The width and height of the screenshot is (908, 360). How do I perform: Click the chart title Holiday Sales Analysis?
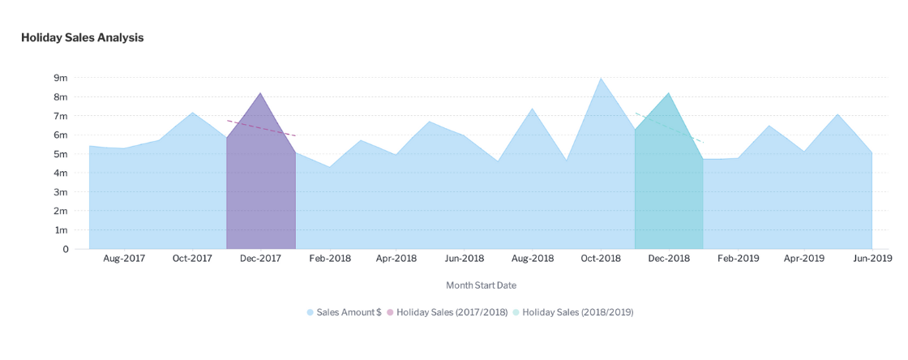click(x=82, y=37)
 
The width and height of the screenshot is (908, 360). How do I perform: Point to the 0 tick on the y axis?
click(x=66, y=250)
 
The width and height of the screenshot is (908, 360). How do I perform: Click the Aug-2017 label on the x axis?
click(x=124, y=259)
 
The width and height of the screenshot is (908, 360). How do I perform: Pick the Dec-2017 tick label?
click(x=260, y=259)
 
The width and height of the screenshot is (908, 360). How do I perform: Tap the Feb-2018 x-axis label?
click(x=328, y=259)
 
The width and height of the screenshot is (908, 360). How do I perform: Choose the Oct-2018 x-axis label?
click(x=601, y=259)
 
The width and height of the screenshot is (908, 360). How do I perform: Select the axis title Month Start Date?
click(x=482, y=285)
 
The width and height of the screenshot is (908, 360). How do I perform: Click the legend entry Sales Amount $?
click(x=344, y=312)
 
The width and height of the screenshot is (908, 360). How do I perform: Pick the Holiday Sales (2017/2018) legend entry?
click(x=447, y=312)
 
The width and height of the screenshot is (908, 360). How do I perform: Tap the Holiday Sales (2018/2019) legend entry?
click(x=572, y=312)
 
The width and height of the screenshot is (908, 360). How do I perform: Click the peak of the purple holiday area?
click(x=260, y=93)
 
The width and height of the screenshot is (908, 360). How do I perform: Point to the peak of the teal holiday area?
click(x=669, y=93)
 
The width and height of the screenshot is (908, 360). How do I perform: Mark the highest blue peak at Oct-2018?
click(x=601, y=78)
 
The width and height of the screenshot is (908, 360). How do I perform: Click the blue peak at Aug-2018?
click(x=532, y=108)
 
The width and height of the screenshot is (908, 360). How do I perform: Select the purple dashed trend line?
click(x=262, y=128)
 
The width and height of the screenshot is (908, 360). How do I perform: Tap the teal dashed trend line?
click(x=670, y=127)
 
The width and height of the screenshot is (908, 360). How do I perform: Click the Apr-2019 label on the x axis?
click(x=804, y=259)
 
